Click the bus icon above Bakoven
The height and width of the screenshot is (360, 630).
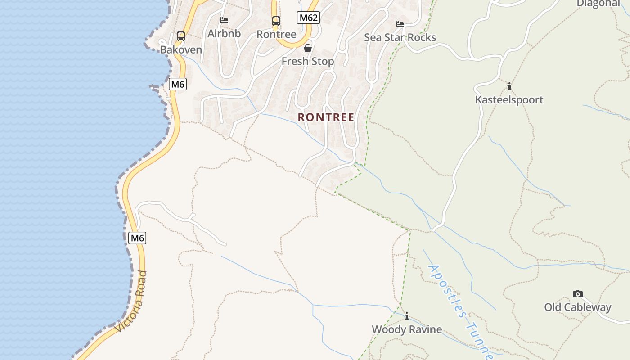click(181, 36)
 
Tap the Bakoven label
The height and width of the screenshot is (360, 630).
click(181, 49)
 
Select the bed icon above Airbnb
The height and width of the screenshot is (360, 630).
click(224, 20)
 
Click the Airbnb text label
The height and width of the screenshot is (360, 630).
click(224, 33)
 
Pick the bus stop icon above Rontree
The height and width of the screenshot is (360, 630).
click(276, 21)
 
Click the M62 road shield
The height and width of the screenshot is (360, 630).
click(309, 18)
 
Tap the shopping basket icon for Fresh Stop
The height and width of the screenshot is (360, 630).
click(308, 48)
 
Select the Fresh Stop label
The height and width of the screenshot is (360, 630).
click(308, 61)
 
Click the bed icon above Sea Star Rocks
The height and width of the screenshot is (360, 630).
click(400, 24)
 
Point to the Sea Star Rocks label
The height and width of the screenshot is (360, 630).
click(400, 37)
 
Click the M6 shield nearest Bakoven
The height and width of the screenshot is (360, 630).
click(178, 84)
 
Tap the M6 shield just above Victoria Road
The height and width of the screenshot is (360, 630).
click(137, 238)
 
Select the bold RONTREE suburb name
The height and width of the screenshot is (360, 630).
click(326, 117)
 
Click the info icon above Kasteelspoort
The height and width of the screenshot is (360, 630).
click(509, 86)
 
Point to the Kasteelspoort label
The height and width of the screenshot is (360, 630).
click(509, 99)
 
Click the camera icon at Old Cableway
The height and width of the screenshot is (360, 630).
click(578, 294)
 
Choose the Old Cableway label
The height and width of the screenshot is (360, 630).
click(578, 307)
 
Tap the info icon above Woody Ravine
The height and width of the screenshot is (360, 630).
click(407, 316)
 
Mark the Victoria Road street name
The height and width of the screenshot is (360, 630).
click(131, 301)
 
